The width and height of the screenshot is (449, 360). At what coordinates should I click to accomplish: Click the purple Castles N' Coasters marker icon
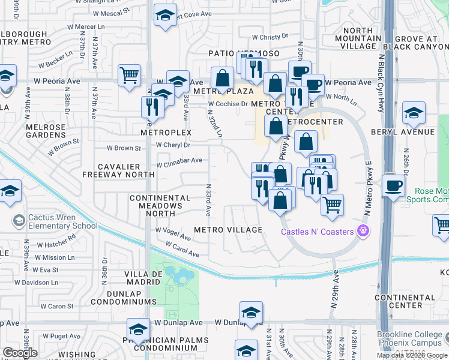coord(362,230)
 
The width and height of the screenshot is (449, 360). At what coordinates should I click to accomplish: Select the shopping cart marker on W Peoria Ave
coord(129,76)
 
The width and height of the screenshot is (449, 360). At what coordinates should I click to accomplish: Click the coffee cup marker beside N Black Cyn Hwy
coord(393,185)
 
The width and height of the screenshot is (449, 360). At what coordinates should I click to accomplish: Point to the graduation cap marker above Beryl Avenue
coord(414,112)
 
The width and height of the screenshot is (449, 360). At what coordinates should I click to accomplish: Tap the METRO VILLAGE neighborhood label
coord(228,230)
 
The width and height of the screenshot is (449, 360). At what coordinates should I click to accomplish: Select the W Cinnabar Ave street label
coord(179,161)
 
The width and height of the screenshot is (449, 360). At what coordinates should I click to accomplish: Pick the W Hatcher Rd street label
coord(55,241)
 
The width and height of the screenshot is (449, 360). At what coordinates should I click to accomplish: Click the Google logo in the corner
coord(20,353)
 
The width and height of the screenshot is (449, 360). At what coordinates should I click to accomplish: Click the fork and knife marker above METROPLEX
coord(152,106)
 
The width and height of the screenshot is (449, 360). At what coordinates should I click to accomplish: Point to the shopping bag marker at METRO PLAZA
coord(222,78)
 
